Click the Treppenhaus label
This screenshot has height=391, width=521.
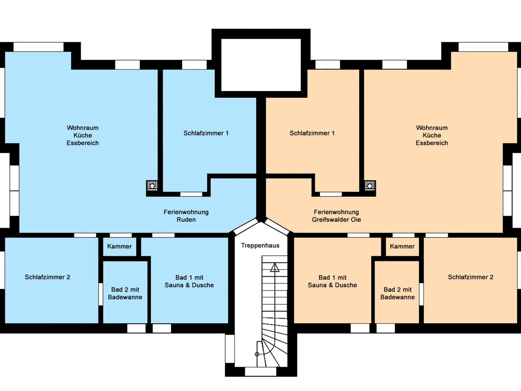click(x=260, y=246)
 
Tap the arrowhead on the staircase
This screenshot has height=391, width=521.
click(x=274, y=267)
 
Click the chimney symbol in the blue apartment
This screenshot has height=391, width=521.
click(x=152, y=186)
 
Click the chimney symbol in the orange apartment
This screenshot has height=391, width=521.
click(x=370, y=186)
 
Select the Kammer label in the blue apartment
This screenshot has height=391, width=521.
click(x=120, y=246)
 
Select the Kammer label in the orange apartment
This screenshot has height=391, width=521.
click(x=402, y=246)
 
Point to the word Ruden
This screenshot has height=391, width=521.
click(x=186, y=220)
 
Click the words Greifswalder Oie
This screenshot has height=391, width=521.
click(x=336, y=220)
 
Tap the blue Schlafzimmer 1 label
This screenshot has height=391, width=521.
click(x=206, y=133)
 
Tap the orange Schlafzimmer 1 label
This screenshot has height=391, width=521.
click(x=312, y=133)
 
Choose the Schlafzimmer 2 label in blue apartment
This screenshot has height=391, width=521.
click(x=47, y=277)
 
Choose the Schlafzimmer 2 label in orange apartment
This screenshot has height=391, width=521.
click(x=471, y=277)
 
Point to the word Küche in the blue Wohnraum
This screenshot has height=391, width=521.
click(x=83, y=136)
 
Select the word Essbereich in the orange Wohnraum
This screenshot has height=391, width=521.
click(x=432, y=143)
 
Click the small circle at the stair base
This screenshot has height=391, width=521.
click(x=257, y=354)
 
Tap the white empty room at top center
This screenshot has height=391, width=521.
click(x=261, y=65)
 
